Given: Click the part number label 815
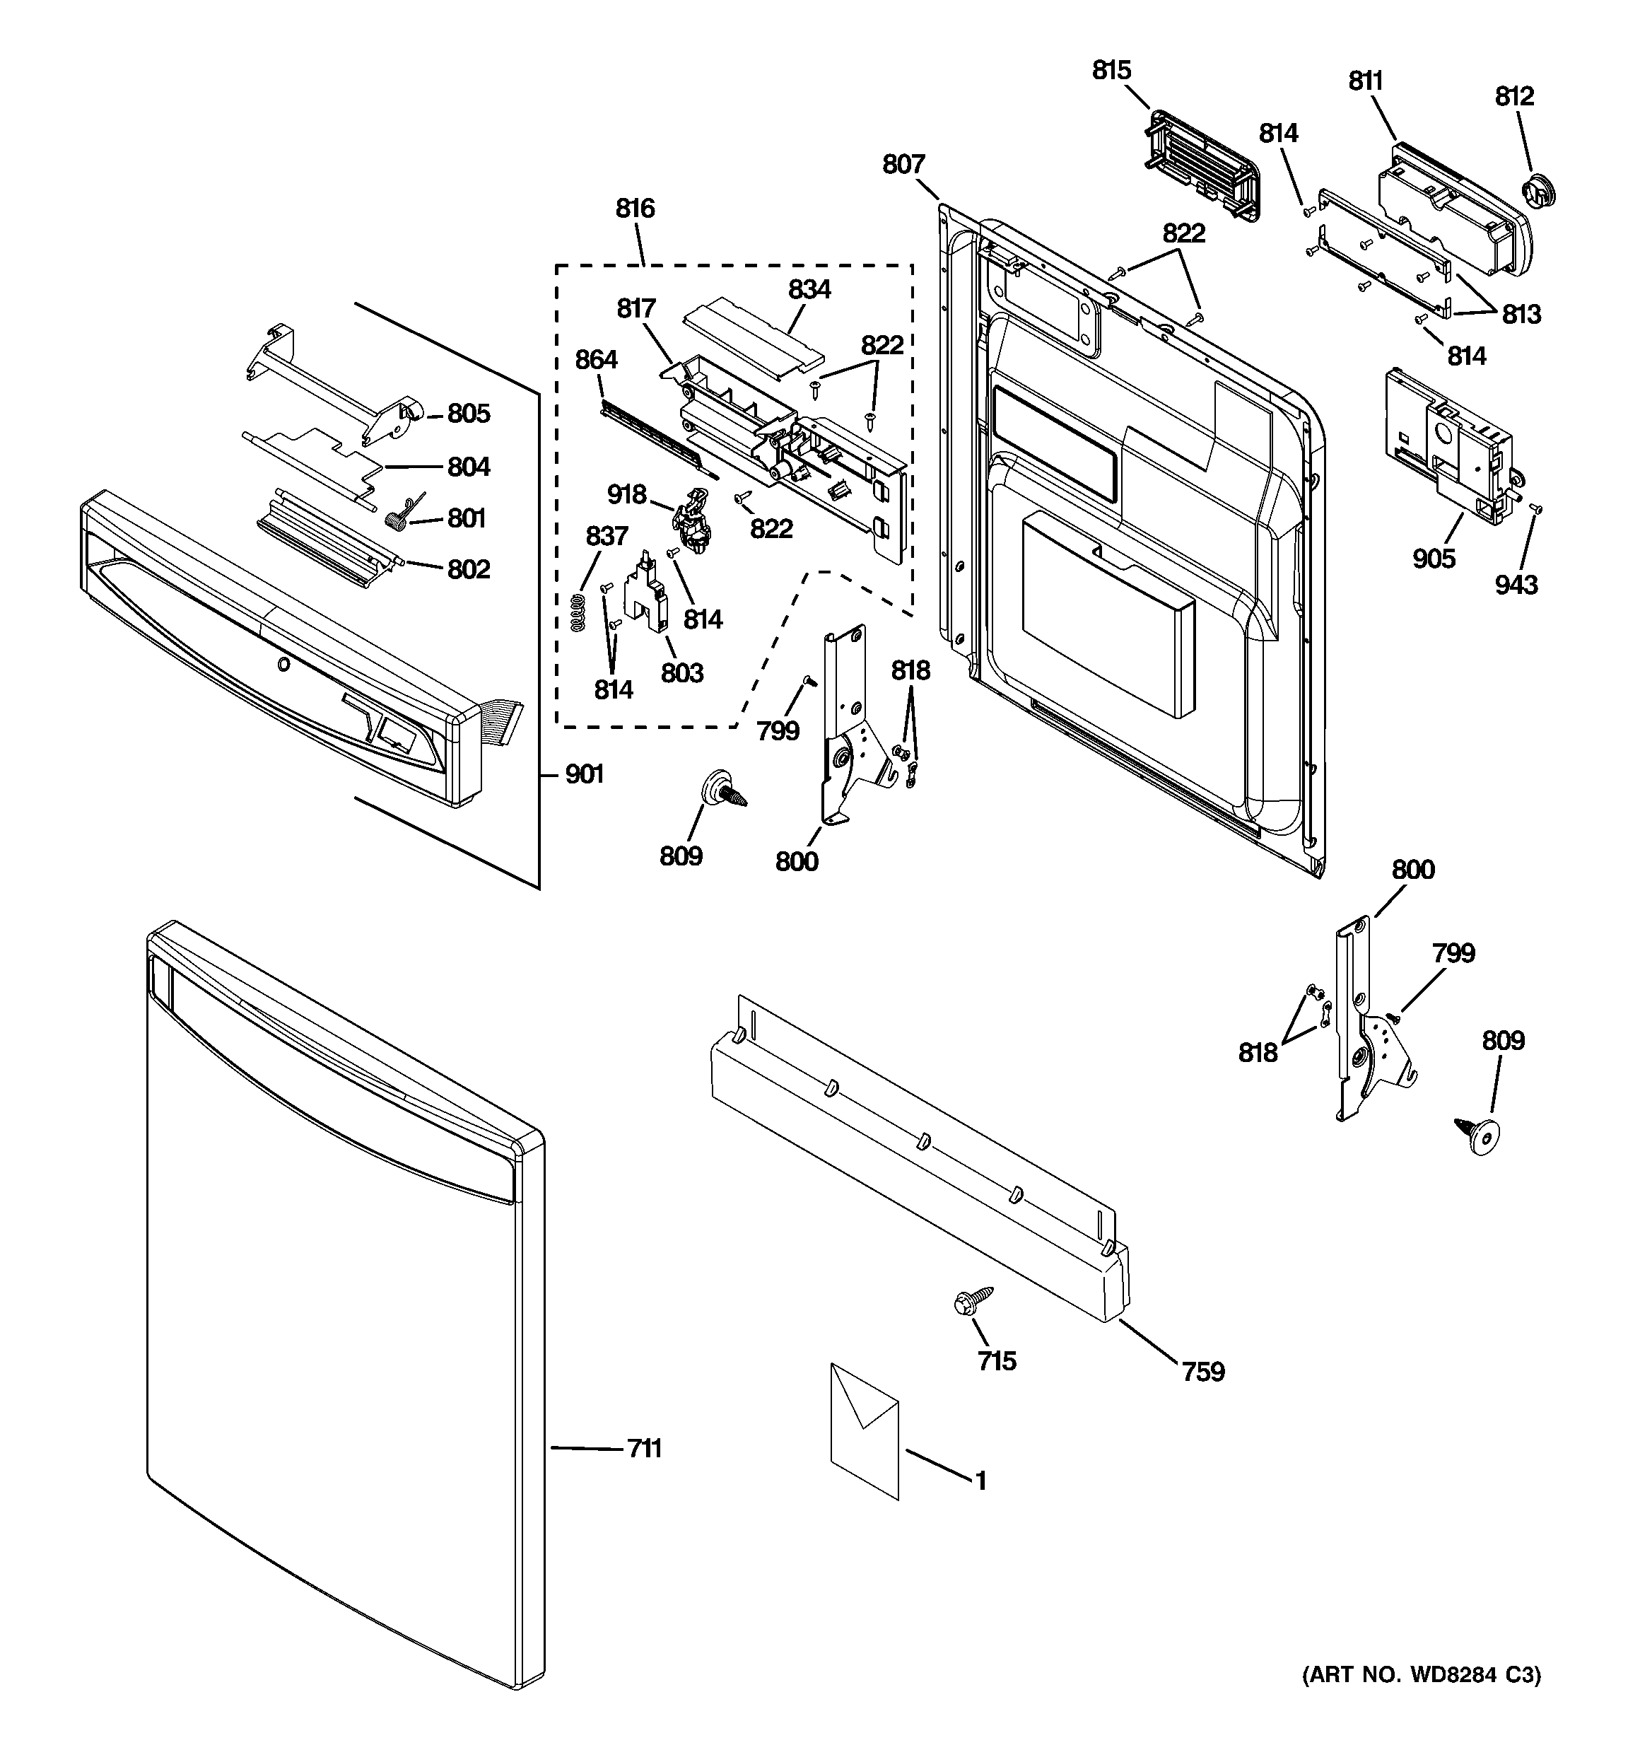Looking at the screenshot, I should pyautogui.click(x=1111, y=71).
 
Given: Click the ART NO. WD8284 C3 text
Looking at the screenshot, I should pyautogui.click(x=1421, y=1699).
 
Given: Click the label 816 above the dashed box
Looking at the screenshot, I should pyautogui.click(x=635, y=209).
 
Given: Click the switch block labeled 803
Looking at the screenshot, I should pyautogui.click(x=647, y=597).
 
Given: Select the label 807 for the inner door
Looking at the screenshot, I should pyautogui.click(x=904, y=165).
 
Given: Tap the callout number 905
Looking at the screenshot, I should pyautogui.click(x=1434, y=558).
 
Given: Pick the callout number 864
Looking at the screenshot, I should pyautogui.click(x=596, y=360).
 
